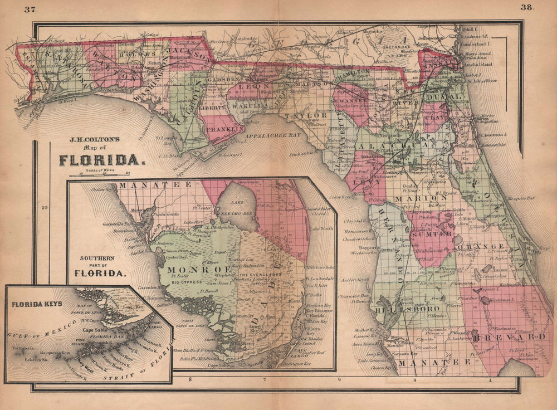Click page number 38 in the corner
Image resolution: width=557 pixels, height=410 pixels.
coord(527,7)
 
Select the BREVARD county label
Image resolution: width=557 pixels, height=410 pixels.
coord(517,337)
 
